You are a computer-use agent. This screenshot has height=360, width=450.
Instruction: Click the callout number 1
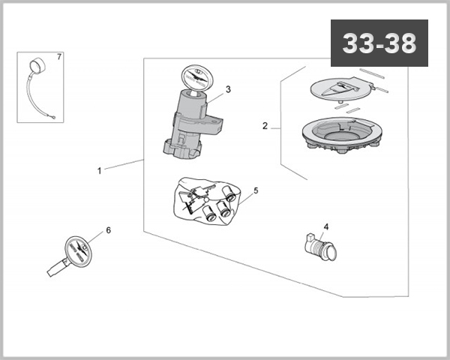[99, 171]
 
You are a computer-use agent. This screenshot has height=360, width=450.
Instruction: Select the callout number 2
[265, 126]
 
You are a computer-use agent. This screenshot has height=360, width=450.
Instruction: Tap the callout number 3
[228, 89]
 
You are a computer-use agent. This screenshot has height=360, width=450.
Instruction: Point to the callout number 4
[325, 226]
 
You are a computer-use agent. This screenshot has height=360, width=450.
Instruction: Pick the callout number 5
[256, 190]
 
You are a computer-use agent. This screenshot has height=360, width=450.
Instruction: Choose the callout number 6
[108, 230]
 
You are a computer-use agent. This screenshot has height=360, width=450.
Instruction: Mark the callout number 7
[60, 58]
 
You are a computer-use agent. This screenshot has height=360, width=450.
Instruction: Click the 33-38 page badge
[379, 43]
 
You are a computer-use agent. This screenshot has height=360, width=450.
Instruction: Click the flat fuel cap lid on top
[341, 90]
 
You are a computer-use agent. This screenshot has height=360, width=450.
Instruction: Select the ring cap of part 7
[37, 66]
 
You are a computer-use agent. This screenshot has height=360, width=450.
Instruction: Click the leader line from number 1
[124, 165]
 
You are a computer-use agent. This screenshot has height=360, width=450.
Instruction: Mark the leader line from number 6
[96, 238]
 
